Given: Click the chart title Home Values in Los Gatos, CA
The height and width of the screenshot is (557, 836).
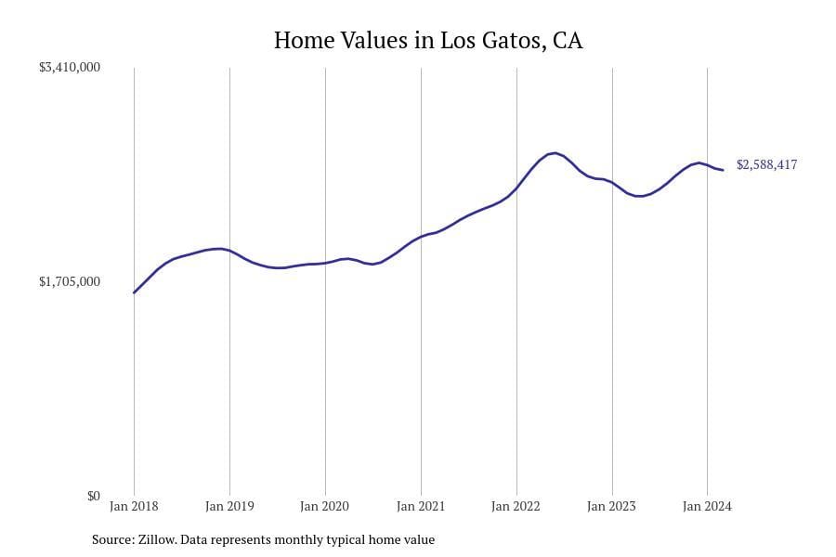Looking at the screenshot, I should [428, 41].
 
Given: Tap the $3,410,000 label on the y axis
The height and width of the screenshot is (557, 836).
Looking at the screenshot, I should [70, 68].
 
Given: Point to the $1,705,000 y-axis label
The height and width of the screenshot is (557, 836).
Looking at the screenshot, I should [70, 281].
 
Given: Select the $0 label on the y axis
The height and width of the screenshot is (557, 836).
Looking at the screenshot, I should [93, 496].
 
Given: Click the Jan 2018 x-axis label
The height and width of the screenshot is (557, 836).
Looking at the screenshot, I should [134, 507].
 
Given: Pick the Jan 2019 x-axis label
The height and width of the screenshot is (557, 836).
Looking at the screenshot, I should [229, 507].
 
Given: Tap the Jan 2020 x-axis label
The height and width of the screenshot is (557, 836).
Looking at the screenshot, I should [325, 507].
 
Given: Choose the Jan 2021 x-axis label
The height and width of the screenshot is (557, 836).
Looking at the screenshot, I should [421, 507].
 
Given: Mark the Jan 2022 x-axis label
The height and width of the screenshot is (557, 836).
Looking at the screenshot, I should [516, 507].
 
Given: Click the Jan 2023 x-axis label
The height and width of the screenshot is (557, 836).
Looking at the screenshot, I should [612, 507].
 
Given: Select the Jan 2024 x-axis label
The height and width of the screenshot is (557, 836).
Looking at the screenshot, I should [708, 507].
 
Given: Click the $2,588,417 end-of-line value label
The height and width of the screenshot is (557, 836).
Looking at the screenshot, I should [766, 165].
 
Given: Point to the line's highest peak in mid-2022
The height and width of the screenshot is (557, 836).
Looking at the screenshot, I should [554, 153].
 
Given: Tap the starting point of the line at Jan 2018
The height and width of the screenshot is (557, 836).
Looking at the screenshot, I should [134, 293].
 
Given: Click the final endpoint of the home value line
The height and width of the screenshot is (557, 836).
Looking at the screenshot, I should [723, 170].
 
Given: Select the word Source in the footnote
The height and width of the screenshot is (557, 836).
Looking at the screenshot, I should [111, 539].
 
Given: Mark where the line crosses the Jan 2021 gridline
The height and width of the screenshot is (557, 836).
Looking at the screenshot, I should [421, 238].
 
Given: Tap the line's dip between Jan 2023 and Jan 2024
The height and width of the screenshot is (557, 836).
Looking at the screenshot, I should [639, 196].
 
